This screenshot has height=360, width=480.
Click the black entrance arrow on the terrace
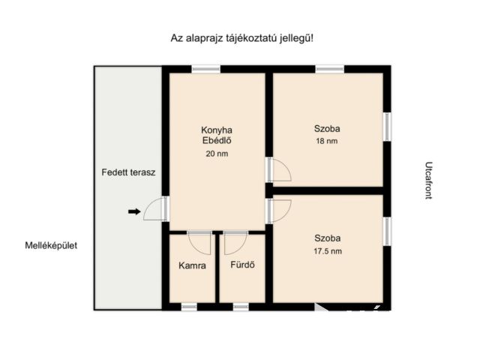134,211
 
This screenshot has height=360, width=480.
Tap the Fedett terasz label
128,172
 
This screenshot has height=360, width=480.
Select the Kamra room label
192,265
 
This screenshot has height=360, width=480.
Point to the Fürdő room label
242,265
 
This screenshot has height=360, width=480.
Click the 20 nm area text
217,154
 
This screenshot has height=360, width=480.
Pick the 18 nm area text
327,141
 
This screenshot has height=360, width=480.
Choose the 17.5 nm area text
328,251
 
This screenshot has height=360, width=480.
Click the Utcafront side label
429,181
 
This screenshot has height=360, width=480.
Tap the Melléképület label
51,245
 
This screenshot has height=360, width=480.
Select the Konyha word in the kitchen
217,130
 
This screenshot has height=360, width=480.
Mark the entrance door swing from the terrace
153,208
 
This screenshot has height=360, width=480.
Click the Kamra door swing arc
199,243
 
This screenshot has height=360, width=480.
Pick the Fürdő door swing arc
235,243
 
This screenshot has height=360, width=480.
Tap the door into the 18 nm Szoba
280,169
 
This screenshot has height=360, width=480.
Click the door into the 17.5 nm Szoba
280,211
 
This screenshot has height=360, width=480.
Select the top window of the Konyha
206,69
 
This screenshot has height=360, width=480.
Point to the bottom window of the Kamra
189,307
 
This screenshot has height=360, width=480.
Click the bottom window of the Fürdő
241,307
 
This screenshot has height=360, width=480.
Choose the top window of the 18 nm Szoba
330,69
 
